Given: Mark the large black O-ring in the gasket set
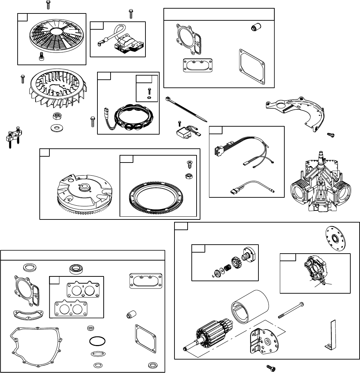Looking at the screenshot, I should tap(97, 341).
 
